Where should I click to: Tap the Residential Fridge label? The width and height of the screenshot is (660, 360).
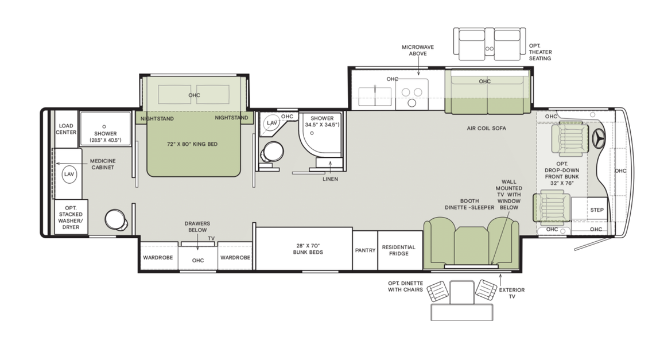398,250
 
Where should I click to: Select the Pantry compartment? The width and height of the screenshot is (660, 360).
364,250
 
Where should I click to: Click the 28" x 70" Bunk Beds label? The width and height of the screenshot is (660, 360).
304,249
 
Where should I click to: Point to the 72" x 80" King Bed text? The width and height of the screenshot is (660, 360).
192,144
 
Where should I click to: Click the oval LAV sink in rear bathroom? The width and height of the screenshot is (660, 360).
69,174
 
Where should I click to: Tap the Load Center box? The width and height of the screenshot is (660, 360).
66,129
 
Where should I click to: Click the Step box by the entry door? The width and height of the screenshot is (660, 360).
597,210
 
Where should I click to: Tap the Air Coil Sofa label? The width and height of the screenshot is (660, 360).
486,128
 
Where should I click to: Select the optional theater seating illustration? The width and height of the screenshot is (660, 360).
489,44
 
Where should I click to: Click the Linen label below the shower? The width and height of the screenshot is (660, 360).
330,179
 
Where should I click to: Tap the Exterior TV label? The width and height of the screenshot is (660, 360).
511,293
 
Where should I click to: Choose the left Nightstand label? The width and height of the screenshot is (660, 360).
157,118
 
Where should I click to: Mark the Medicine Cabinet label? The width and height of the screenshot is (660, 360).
103,164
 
